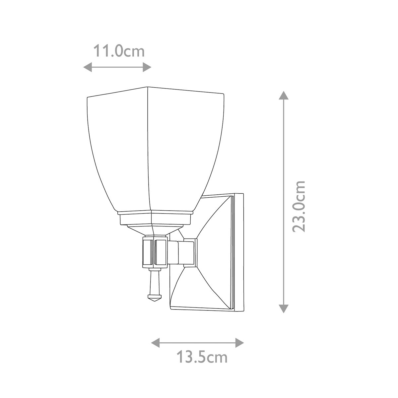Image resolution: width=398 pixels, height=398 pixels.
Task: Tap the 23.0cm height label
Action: tap(299, 206)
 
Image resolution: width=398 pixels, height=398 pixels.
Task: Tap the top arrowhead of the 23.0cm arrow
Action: tap(283, 96)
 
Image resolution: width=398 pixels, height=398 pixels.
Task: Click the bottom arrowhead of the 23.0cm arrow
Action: tap(283, 308)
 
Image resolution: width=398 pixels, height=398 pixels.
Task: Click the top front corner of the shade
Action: tap(147, 88)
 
